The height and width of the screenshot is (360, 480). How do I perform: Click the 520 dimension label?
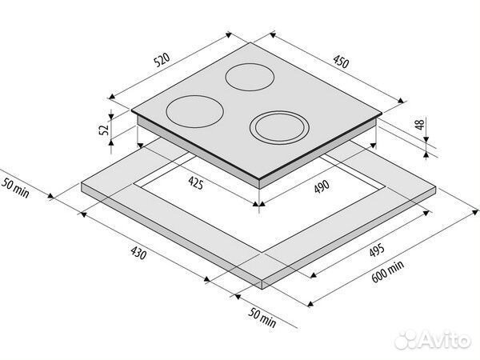click(162, 60)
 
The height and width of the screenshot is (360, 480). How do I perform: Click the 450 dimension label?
click(341, 62)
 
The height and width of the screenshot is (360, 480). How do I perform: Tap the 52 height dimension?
click(104, 129)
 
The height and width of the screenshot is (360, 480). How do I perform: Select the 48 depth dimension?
click(420, 124)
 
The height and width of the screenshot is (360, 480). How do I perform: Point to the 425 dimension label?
click(196, 183)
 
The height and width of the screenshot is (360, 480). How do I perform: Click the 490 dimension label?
click(322, 186)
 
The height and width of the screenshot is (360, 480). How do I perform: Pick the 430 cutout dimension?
click(138, 253)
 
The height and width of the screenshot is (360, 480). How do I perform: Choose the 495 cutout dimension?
click(377, 250)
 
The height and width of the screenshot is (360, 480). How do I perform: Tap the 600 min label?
click(388, 271)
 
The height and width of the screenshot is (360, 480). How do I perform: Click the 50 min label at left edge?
click(15, 188)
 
